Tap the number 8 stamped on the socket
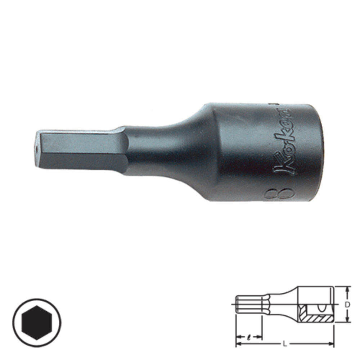click(279, 194)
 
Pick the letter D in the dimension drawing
click(347, 305)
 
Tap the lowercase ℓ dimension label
click(249, 338)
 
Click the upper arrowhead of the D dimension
click(347, 289)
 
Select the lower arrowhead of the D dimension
click(347, 320)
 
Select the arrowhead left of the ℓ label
click(238, 338)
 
